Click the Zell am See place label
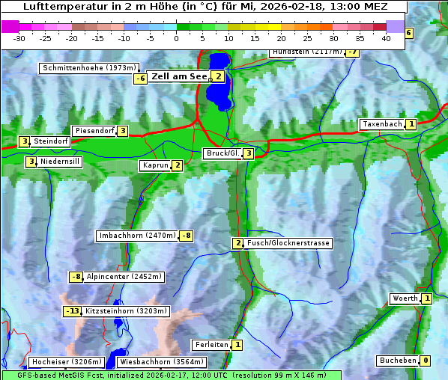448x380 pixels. [178, 76]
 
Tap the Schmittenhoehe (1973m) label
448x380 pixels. [90, 68]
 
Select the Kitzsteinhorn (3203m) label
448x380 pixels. [126, 310]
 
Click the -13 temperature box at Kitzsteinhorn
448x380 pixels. [72, 310]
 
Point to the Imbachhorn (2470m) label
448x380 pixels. [137, 236]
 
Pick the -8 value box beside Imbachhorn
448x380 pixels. [186, 236]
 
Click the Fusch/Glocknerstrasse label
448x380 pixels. [288, 243]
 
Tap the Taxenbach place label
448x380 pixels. [381, 124]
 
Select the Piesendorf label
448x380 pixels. [94, 131]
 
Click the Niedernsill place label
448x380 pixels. [60, 161]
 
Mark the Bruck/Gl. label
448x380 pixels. [222, 153]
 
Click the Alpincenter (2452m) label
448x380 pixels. [124, 277]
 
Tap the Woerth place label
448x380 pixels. [405, 298]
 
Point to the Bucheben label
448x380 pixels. [397, 361]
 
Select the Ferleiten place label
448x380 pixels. [211, 345]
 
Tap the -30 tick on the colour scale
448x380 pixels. [19, 37]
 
